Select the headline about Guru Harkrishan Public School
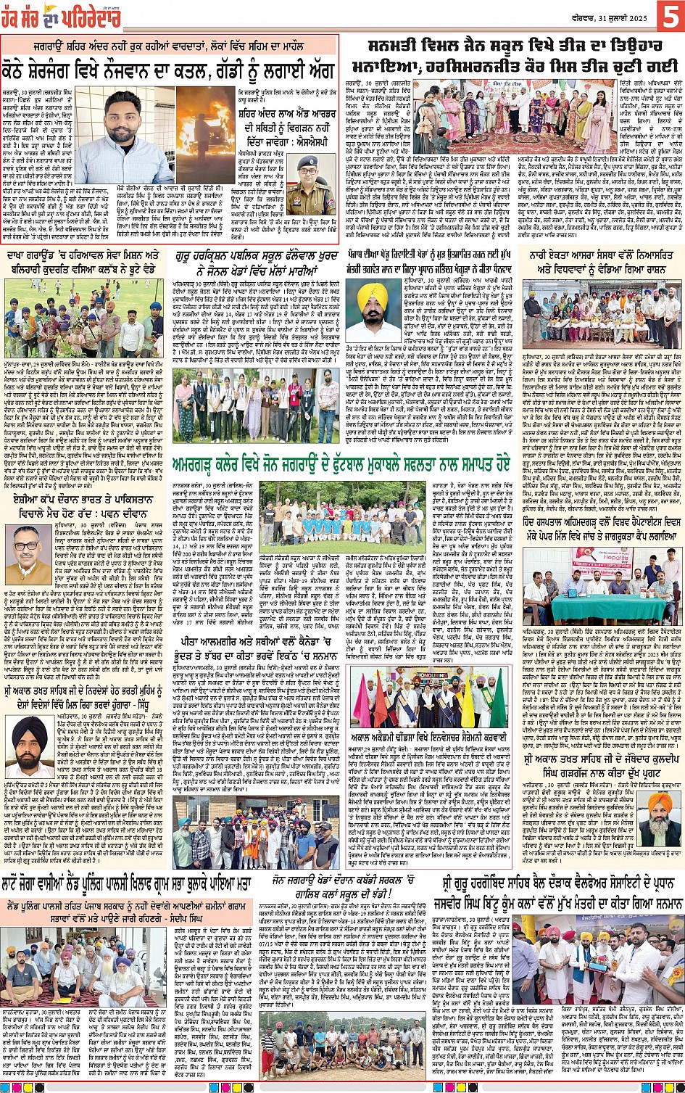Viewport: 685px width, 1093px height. click(256, 263)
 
